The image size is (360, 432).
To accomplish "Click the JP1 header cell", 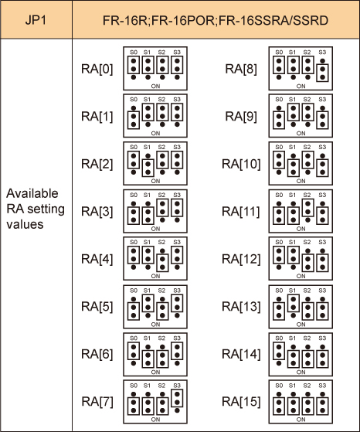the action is [x=36, y=20].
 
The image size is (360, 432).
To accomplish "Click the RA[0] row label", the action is [x=97, y=69].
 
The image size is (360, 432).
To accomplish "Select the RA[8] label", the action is [x=241, y=69].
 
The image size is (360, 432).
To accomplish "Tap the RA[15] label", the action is [x=241, y=401].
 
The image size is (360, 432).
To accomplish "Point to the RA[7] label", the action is [x=97, y=401].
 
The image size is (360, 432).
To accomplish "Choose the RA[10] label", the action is [x=241, y=164].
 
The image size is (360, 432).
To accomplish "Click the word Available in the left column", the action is [x=32, y=193].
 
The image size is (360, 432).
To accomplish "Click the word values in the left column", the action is [x=25, y=224].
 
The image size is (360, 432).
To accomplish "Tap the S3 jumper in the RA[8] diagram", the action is [x=323, y=73].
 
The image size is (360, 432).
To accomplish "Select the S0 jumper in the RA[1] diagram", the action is [x=134, y=120].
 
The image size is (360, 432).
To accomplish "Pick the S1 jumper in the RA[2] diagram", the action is [x=148, y=168].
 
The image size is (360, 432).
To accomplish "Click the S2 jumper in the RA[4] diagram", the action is [x=162, y=263].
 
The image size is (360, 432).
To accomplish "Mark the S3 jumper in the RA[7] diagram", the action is [x=177, y=398].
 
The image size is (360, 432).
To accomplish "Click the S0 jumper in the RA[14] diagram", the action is [x=279, y=351].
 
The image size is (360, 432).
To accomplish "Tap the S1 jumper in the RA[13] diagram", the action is [x=294, y=303].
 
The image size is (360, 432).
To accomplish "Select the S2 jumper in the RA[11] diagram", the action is [x=308, y=208].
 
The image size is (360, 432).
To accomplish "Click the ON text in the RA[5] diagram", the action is [x=155, y=325].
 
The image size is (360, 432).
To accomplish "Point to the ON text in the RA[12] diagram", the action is [x=301, y=276].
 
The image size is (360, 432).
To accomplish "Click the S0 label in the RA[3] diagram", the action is [x=134, y=195].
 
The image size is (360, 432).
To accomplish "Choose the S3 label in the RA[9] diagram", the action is [x=322, y=100].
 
